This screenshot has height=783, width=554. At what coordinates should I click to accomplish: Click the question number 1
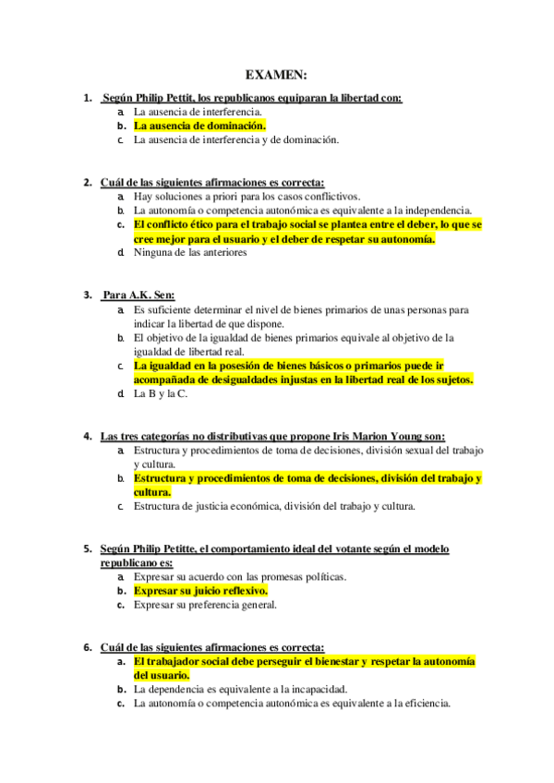click(x=87, y=97)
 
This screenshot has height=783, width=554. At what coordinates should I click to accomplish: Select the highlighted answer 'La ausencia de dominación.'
click(x=199, y=126)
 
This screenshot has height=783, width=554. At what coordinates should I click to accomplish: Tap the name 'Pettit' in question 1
click(x=179, y=97)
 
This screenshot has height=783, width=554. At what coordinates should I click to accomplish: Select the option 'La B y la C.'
click(x=160, y=394)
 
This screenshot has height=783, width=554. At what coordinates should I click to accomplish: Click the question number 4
click(x=87, y=436)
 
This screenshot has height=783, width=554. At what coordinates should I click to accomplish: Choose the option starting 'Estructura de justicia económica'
click(x=274, y=506)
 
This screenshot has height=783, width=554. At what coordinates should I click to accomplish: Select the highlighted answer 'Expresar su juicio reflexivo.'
click(x=200, y=591)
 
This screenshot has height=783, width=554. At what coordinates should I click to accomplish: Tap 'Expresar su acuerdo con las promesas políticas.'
click(x=240, y=577)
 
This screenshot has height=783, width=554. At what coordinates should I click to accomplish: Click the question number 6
click(x=87, y=647)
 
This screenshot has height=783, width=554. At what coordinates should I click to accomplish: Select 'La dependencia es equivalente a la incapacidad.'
click(x=240, y=690)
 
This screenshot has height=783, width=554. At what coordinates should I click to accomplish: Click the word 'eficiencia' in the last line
click(x=424, y=704)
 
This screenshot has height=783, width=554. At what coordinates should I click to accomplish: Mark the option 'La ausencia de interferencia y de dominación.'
click(x=236, y=140)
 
